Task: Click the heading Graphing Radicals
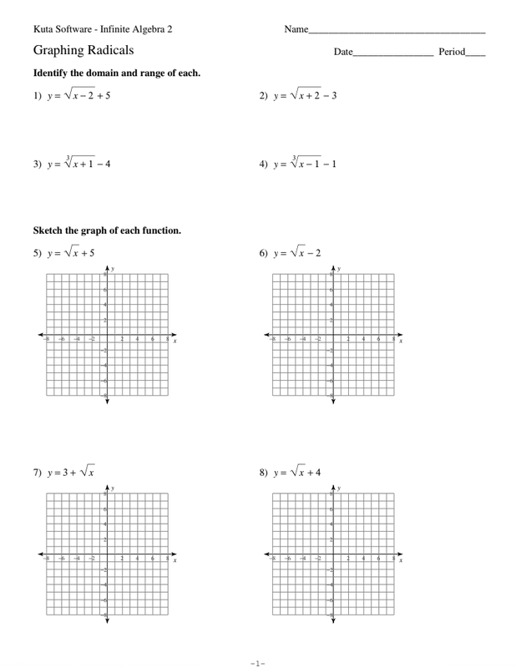83,50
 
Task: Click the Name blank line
397,32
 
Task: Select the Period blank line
475,55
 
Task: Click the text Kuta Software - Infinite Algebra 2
103,29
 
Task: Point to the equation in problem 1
78,95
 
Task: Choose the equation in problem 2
306,95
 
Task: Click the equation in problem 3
78,163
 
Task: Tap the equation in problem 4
306,163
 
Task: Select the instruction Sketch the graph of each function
107,230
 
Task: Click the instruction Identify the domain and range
116,73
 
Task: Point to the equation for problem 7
71,472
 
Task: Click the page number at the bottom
257,663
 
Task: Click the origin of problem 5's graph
107,336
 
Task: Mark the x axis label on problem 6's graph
401,341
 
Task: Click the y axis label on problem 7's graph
113,488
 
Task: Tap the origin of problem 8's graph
333,555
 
